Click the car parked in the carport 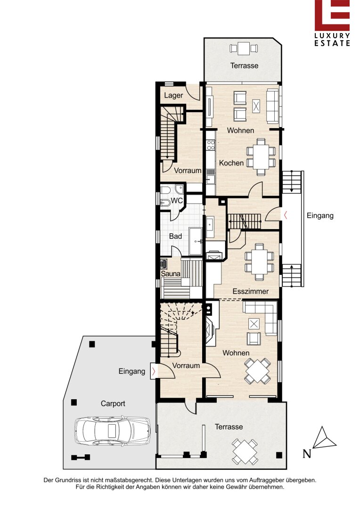(113, 430)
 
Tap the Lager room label (173, 95)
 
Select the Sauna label (171, 274)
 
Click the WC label (177, 201)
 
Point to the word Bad (175, 236)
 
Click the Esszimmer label (251, 291)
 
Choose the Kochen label (231, 163)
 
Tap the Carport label (113, 403)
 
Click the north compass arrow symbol (324, 438)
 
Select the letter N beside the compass (307, 453)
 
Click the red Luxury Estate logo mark (332, 15)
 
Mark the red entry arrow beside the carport (154, 370)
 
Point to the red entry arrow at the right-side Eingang (286, 215)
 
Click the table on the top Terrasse (244, 49)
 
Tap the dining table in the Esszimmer (259, 261)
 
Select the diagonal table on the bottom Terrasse (245, 452)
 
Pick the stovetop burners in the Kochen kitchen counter (211, 145)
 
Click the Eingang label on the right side (320, 215)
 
